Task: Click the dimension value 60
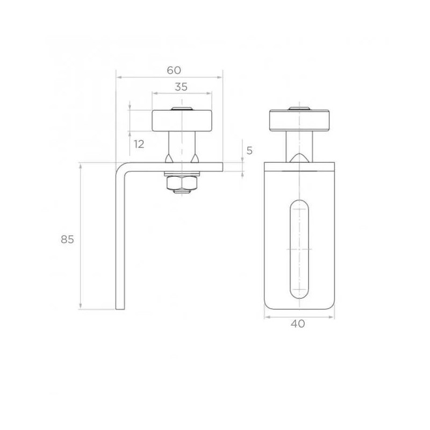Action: (174, 70)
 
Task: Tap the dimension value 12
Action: (139, 144)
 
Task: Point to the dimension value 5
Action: (249, 150)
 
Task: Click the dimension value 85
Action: (67, 240)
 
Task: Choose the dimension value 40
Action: (298, 324)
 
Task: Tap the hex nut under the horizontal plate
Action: (182, 184)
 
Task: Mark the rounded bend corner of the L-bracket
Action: (121, 168)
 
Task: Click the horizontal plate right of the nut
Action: (212, 167)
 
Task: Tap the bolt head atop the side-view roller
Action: (182, 110)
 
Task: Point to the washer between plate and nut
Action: (182, 174)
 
